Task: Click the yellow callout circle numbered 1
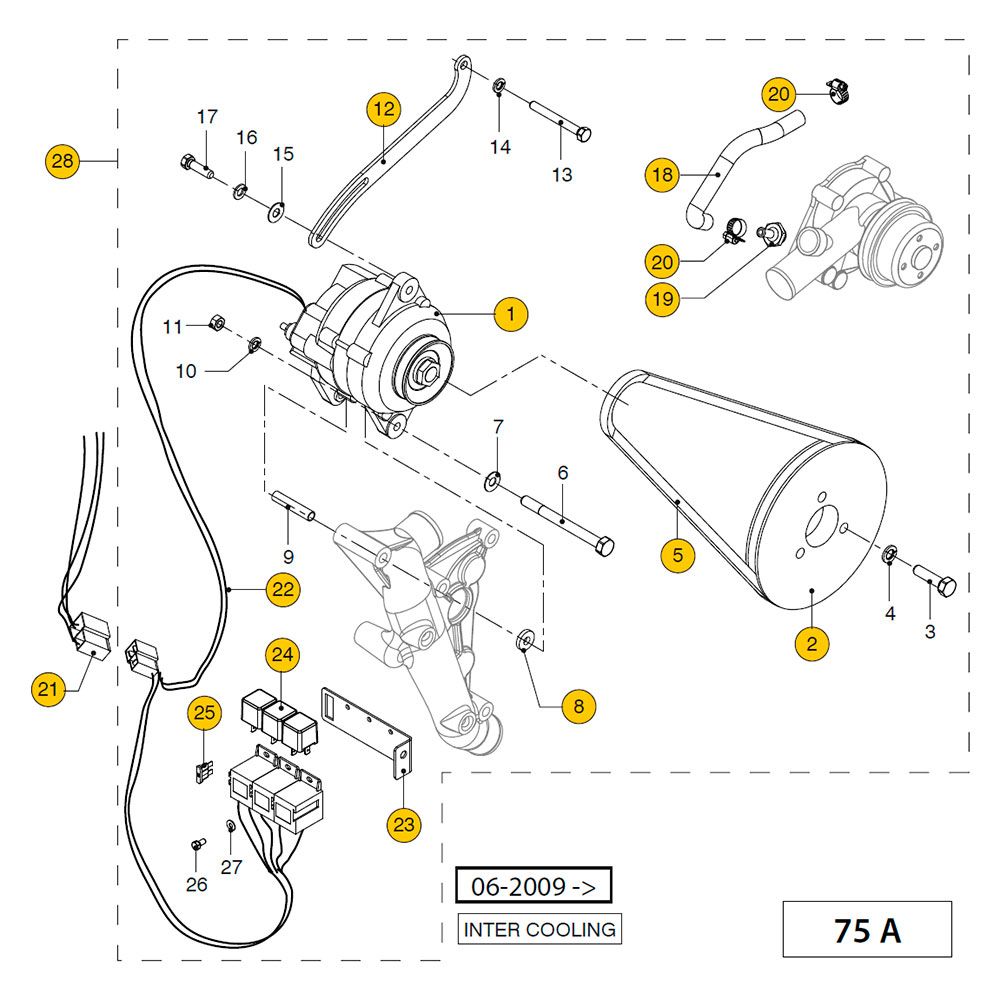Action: pos(511,314)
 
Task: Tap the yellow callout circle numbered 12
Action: pos(384,108)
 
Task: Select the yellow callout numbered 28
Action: pos(63,160)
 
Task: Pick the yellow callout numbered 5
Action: pos(678,555)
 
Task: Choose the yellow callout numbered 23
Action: pos(404,825)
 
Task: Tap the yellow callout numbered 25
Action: pos(205,713)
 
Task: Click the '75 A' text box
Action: pos(867,929)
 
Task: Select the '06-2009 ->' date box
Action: pos(532,886)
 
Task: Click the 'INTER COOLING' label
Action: pos(540,929)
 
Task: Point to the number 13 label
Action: pos(562,175)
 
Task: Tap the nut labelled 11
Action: pos(216,323)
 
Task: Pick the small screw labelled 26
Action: pos(196,845)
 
